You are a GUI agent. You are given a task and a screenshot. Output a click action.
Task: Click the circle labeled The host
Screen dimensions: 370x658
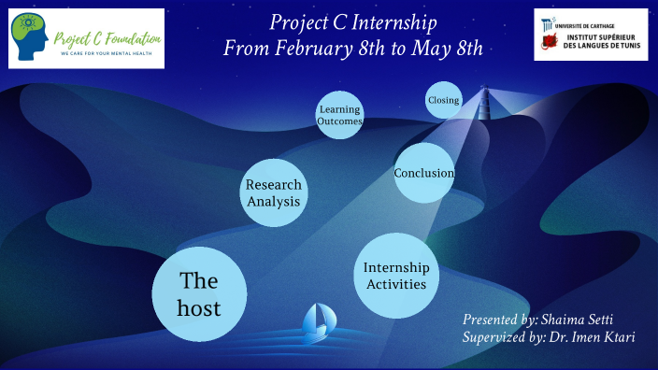[199, 293]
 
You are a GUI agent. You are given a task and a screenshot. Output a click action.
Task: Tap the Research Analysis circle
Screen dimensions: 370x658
[273, 191]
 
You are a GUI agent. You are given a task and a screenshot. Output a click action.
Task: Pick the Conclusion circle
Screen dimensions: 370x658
[423, 173]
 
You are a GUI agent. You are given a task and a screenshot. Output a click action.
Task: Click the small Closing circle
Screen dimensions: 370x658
[443, 100]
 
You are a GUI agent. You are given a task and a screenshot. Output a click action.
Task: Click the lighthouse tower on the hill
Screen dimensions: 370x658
[484, 102]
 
